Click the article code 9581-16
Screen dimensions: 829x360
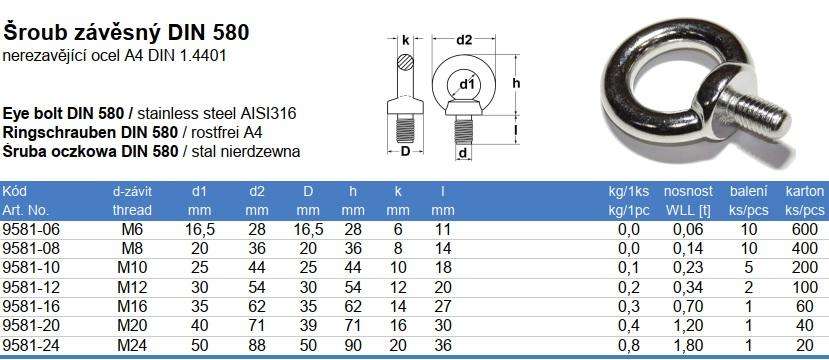coord(31,306)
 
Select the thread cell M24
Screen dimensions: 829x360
coord(132,345)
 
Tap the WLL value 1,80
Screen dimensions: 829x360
coord(688,345)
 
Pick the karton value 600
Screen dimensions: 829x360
coord(805,229)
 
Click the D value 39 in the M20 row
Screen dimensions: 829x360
coord(308,326)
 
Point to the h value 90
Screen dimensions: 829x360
coord(353,345)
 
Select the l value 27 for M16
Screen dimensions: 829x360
coord(443,306)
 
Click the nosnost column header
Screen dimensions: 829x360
coord(688,191)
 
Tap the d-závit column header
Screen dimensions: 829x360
coord(132,191)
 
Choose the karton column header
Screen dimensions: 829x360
coord(805,191)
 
